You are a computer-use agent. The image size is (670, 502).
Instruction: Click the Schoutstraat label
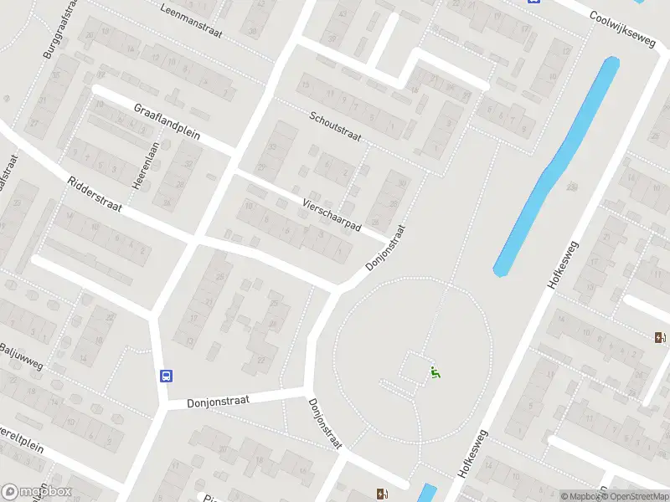(335, 126)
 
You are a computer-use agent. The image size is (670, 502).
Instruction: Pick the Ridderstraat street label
(95, 195)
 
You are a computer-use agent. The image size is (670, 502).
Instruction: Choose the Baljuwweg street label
(21, 356)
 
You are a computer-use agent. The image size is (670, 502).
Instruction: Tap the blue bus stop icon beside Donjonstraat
(167, 376)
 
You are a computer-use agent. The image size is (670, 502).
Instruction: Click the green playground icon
(435, 373)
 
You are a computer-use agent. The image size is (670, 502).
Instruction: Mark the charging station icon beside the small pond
(383, 494)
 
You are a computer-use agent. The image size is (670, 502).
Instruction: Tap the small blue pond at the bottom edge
(427, 493)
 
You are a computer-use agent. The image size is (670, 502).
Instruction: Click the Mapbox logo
(37, 492)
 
